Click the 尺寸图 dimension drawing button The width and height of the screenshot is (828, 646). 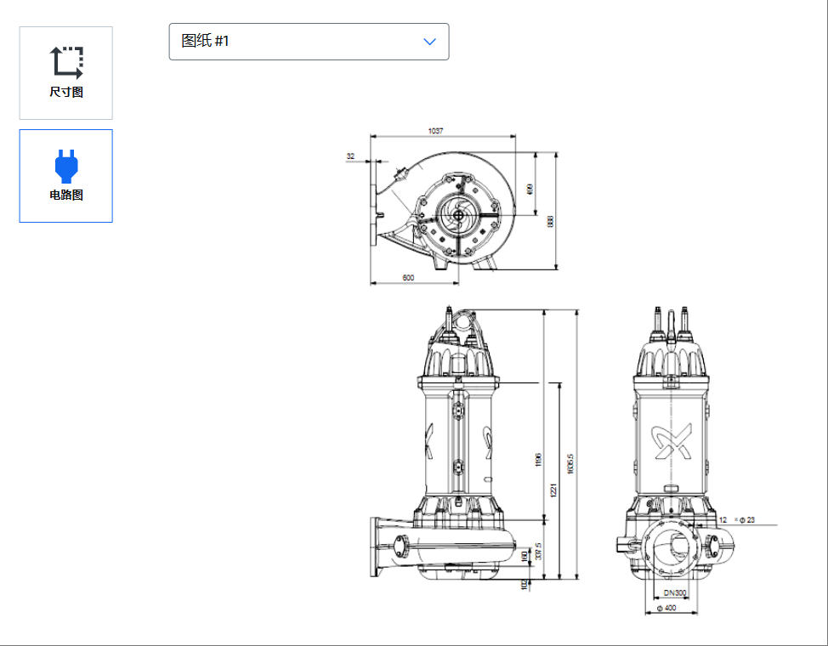66,73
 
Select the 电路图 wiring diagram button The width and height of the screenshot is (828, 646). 66,176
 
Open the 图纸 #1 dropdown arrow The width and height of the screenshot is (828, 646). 430,42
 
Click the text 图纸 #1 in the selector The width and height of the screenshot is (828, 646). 206,41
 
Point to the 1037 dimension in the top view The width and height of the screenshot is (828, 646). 436,131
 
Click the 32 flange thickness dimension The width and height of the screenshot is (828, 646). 351,156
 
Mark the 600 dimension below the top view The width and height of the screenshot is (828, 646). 408,278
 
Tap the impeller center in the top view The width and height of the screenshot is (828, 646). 459,215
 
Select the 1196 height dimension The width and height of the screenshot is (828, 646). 538,460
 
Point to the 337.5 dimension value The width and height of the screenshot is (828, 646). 538,553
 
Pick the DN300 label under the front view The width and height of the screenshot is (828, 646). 675,592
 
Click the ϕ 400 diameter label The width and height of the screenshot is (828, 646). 671,609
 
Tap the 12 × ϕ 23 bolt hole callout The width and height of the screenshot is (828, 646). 736,519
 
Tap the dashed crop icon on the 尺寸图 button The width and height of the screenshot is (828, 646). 66,62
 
